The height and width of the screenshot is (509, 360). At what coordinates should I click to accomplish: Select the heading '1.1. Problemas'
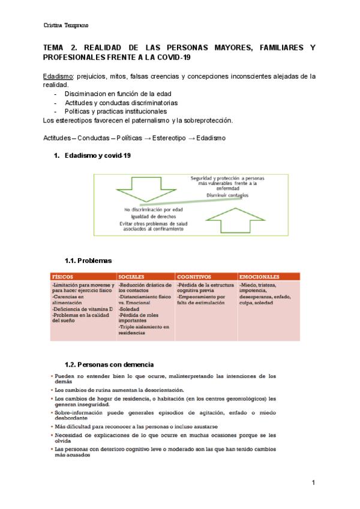click(x=88, y=261)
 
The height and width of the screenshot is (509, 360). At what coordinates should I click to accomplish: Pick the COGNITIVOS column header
click(x=194, y=276)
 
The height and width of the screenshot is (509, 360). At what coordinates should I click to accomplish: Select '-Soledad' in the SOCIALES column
click(x=130, y=309)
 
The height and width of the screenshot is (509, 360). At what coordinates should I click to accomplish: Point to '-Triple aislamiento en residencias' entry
click(x=144, y=330)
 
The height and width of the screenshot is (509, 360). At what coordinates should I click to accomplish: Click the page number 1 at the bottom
click(x=313, y=483)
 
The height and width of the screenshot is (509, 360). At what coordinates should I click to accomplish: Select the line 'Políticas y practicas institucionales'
click(x=115, y=111)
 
